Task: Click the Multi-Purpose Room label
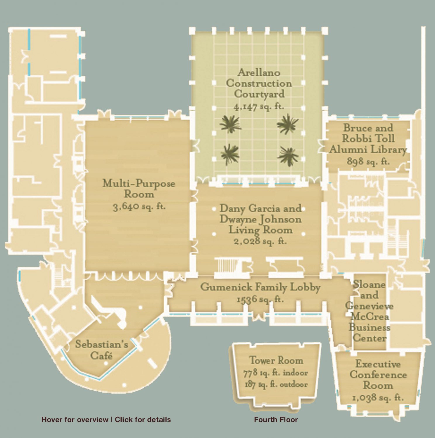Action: pyautogui.click(x=139, y=189)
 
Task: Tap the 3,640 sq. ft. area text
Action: pyautogui.click(x=139, y=207)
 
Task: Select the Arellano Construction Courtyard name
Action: pyautogui.click(x=259, y=83)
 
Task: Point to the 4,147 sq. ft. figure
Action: pyautogui.click(x=259, y=106)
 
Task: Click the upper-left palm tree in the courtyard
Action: pyautogui.click(x=230, y=124)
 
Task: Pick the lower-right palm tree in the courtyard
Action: pyautogui.click(x=288, y=155)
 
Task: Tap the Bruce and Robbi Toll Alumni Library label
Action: pyautogui.click(x=368, y=139)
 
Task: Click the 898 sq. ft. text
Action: pyautogui.click(x=368, y=161)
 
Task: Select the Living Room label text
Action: pyautogui.click(x=260, y=230)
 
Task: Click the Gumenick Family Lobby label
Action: pyautogui.click(x=260, y=287)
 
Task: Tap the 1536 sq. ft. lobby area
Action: pyautogui.click(x=260, y=299)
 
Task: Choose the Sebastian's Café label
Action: pyautogui.click(x=102, y=350)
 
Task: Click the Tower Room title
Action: pyautogui.click(x=276, y=360)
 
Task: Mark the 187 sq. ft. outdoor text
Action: pyautogui.click(x=276, y=384)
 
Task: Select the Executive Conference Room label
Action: pyautogui.click(x=378, y=375)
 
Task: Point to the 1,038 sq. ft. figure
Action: pyautogui.click(x=378, y=398)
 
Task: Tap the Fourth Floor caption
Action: pyautogui.click(x=276, y=420)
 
